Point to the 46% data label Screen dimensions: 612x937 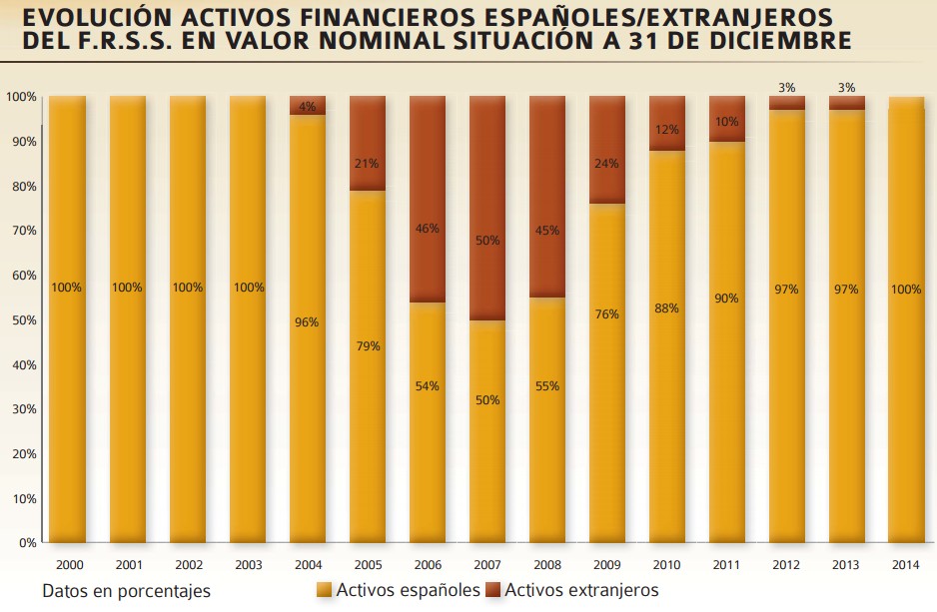point(428,229)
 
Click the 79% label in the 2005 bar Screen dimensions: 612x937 point(368,346)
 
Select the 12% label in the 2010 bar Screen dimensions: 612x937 point(667,129)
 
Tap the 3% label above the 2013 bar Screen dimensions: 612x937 point(847,88)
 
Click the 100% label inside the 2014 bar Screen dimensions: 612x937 point(905,290)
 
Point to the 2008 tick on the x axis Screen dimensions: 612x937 point(547,564)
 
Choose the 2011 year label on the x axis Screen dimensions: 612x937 point(727,564)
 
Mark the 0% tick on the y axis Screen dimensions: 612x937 point(26,543)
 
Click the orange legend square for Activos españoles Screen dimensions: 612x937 point(324,591)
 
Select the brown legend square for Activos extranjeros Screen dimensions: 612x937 point(492,591)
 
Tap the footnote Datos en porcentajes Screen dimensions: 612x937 point(126,591)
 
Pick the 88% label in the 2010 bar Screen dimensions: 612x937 point(667,308)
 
